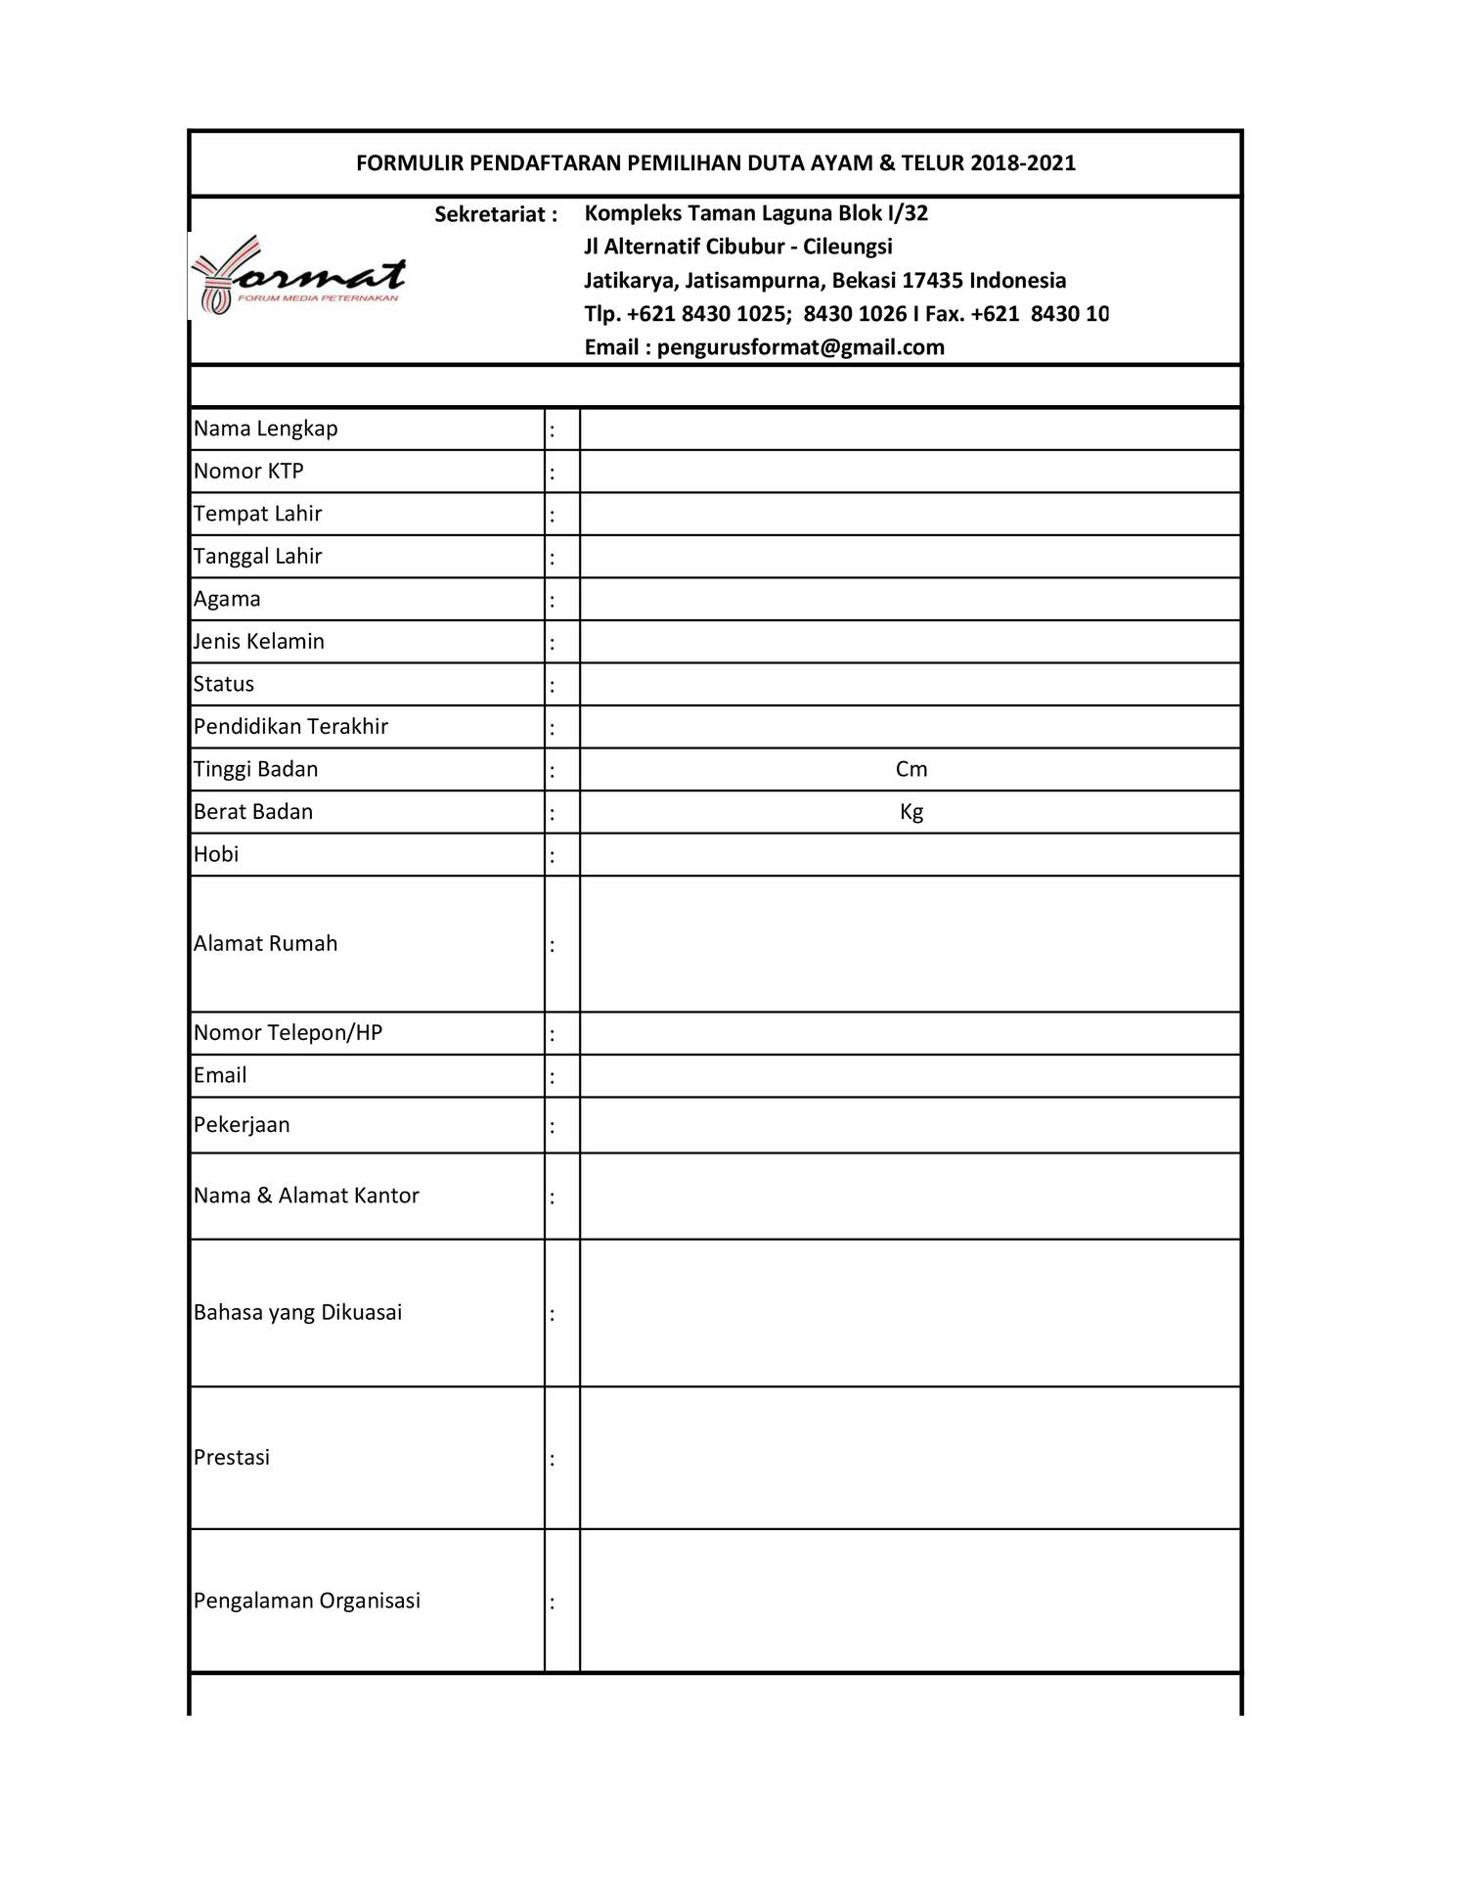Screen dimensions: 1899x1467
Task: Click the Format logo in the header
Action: point(299,277)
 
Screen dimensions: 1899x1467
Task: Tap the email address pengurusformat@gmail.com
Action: point(800,347)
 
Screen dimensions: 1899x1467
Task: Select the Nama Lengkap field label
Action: point(266,429)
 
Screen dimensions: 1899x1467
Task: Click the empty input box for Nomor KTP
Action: point(910,472)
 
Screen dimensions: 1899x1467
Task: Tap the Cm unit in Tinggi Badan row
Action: point(911,769)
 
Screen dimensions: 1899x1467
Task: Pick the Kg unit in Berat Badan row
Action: point(911,812)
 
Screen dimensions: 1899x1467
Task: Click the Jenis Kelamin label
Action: point(259,642)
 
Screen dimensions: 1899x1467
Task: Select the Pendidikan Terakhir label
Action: point(290,727)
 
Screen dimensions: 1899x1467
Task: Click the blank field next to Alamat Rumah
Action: point(910,944)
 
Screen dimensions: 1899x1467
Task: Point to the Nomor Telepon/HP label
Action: point(288,1033)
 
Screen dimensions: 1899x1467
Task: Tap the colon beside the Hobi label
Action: point(553,856)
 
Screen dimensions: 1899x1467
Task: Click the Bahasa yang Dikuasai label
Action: point(297,1313)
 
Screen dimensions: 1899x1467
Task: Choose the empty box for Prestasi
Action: point(910,1458)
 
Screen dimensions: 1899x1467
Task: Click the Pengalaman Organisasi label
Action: point(307,1601)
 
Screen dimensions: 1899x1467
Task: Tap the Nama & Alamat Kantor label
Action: point(306,1196)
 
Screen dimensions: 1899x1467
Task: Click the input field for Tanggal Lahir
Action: point(910,557)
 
